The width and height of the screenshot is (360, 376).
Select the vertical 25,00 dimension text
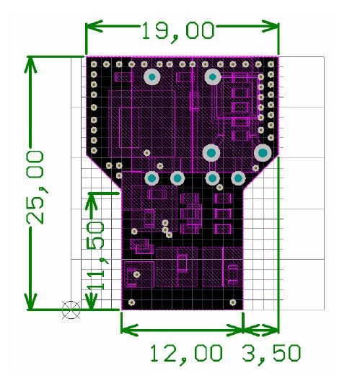(x=35, y=188)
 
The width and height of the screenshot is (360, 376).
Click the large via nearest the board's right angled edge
(x=263, y=153)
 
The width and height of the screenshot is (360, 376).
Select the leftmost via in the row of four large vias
(x=152, y=178)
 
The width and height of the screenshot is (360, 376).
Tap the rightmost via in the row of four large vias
(x=238, y=178)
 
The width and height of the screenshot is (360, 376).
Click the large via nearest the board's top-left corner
(x=152, y=76)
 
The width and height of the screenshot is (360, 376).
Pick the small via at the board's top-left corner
(x=94, y=64)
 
